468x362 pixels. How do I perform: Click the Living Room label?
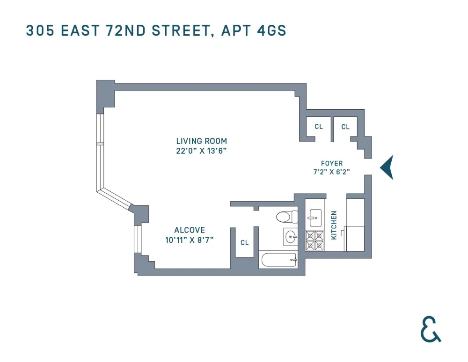(201, 141)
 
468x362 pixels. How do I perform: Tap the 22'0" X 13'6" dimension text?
(201, 151)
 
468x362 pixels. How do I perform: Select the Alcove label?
(190, 230)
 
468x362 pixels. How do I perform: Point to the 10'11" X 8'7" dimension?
(190, 240)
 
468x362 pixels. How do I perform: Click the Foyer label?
(332, 163)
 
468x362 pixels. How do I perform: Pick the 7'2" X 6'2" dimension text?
(332, 172)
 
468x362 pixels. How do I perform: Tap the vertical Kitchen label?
(334, 225)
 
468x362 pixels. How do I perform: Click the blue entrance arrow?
(387, 167)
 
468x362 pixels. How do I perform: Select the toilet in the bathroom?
(287, 217)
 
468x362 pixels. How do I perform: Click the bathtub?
(279, 260)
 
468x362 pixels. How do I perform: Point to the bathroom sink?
(290, 237)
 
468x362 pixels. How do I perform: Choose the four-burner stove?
(314, 241)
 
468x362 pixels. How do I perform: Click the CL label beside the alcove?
(245, 242)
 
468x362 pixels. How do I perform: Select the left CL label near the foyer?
(319, 127)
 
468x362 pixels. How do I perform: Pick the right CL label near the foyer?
(345, 127)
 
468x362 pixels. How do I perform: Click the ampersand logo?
(431, 329)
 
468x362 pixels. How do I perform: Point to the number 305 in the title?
(40, 30)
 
